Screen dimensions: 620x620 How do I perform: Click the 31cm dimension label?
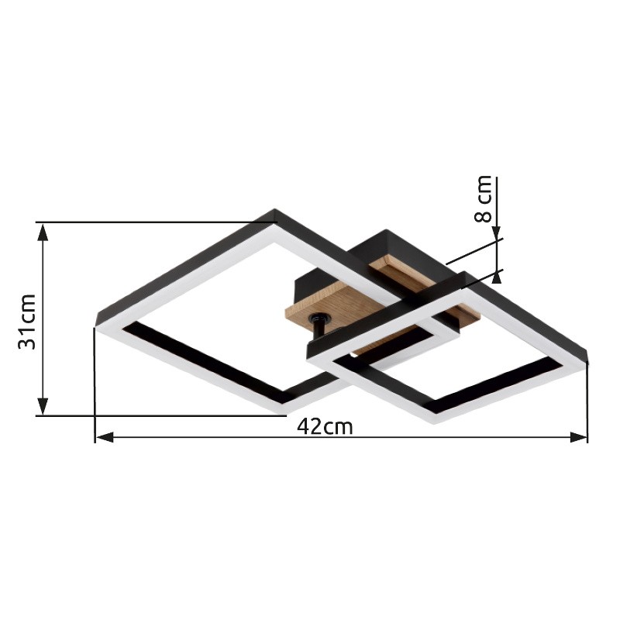[27, 322]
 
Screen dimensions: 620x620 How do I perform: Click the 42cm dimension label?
[325, 427]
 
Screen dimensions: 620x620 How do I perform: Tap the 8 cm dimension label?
[482, 199]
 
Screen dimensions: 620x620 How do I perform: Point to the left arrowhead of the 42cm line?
[105, 437]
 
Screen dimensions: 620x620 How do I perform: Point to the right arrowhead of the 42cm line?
[578, 437]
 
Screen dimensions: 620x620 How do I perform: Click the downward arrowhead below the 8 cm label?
[498, 233]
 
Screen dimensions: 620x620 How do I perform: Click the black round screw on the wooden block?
[319, 318]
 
